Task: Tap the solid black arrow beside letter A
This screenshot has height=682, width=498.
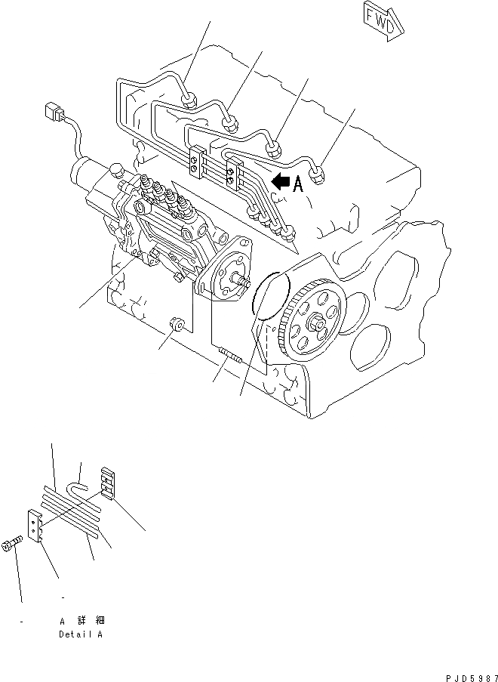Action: coord(281,181)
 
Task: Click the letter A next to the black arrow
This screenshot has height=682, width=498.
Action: coord(298,184)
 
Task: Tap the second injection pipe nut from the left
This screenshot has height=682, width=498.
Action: coord(231,121)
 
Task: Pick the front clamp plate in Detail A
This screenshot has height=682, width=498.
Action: coord(35,526)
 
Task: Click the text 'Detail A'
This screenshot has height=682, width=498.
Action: coord(80,634)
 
